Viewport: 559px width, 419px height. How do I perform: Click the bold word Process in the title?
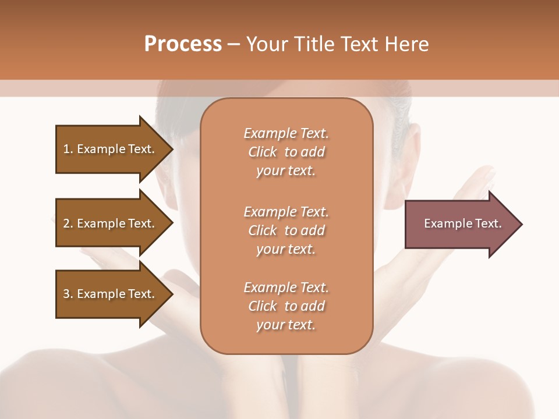click(183, 44)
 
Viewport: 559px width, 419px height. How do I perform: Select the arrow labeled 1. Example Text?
click(111, 149)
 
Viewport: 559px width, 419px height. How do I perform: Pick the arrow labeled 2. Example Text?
click(111, 223)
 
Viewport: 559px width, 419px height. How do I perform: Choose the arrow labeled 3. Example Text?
click(111, 294)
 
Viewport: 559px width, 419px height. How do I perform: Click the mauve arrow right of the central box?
click(460, 224)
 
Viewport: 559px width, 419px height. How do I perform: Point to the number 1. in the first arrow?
click(68, 149)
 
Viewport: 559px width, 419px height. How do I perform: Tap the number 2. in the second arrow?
click(68, 223)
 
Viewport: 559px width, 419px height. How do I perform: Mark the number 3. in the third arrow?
click(68, 294)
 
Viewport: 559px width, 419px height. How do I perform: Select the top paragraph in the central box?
click(286, 152)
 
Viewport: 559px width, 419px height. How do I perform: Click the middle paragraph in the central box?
click(286, 230)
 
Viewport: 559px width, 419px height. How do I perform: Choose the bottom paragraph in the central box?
click(286, 306)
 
